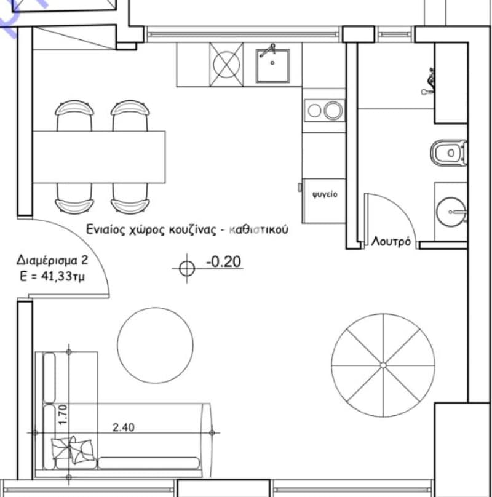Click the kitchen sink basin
click(x=272, y=66)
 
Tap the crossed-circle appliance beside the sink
click(x=226, y=65)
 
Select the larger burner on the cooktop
click(x=333, y=110)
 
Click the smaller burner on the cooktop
click(x=314, y=111)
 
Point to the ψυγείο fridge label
click(x=325, y=194)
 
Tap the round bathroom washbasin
click(x=451, y=212)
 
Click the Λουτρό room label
click(x=391, y=242)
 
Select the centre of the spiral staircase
click(x=383, y=365)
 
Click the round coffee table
click(x=156, y=345)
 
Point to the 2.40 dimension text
click(x=124, y=427)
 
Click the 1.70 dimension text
click(x=63, y=415)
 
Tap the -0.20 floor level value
click(x=223, y=262)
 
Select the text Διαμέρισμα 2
click(x=52, y=260)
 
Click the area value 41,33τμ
click(x=63, y=277)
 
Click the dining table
click(x=99, y=157)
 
